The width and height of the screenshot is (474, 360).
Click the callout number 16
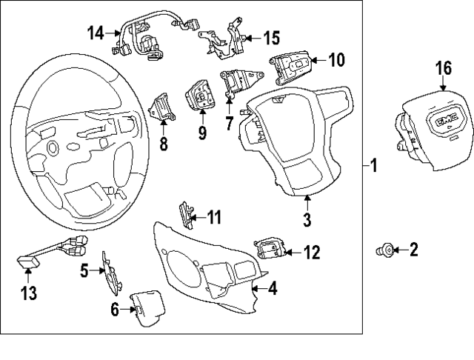pyautogui.click(x=443, y=69)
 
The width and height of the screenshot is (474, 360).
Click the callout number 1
pyautogui.click(x=374, y=167)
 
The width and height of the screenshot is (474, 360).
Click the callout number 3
pyautogui.click(x=307, y=219)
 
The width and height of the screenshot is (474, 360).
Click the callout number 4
pyautogui.click(x=273, y=289)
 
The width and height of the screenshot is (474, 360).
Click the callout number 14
pyautogui.click(x=96, y=33)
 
